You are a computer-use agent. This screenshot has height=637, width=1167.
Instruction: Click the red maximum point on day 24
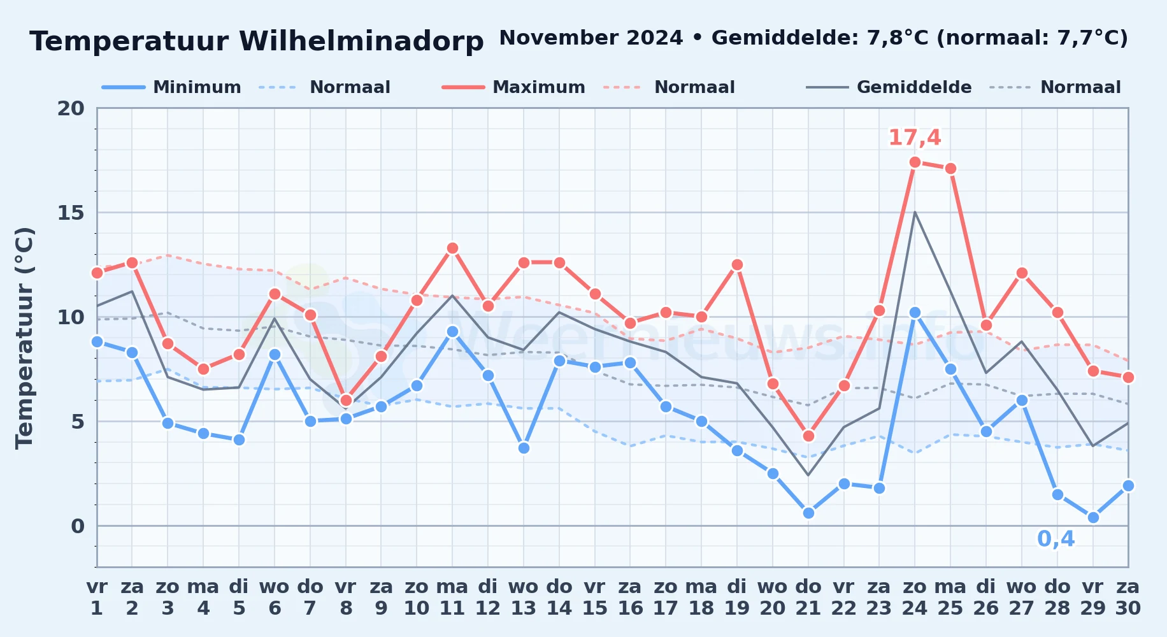915,162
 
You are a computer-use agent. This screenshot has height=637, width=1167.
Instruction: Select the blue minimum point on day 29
1093,517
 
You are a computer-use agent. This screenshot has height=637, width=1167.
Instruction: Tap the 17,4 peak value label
914,137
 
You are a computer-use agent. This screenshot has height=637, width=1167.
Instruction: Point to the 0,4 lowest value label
1056,539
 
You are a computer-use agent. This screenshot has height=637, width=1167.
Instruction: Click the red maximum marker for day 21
808,436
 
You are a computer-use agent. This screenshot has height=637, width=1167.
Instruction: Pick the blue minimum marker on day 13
524,448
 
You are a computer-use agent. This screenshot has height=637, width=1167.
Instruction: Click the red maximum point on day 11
452,248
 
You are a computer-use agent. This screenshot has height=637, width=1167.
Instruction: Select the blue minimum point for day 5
239,440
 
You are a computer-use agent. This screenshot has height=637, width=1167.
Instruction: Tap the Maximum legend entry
513,87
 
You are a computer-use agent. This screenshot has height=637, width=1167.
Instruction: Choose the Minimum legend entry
171,87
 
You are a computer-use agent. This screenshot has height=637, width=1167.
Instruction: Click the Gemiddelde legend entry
889,87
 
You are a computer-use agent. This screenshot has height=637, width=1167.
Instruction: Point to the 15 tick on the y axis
71,213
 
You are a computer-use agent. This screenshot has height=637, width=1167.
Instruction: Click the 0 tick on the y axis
78,526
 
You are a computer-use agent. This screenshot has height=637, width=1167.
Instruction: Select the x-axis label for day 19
737,598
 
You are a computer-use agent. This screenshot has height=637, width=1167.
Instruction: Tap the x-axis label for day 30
1128,598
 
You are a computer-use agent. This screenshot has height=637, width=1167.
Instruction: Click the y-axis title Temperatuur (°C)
24,338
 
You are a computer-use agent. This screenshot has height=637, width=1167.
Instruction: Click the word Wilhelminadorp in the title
361,41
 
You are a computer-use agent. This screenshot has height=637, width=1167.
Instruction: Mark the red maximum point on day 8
346,400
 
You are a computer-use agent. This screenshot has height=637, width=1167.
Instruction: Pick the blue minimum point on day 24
915,312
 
